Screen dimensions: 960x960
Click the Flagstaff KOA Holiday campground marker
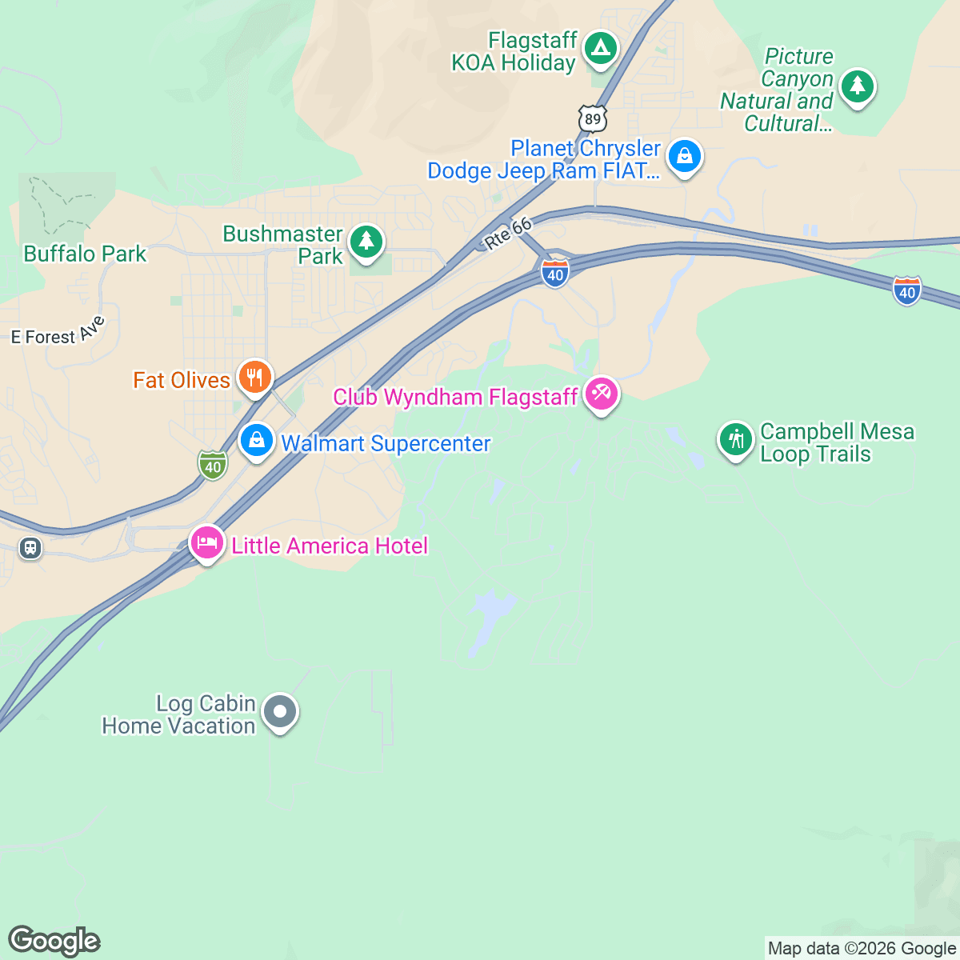598,49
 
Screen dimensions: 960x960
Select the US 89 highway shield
592,118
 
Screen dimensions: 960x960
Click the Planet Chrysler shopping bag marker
685,157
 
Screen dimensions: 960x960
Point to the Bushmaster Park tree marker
366,242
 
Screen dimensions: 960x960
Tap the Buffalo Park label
85,254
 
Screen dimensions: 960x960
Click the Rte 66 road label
508,233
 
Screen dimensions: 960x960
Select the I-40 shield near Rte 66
554,274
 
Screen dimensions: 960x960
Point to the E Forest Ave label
58,333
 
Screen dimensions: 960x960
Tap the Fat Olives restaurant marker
254,377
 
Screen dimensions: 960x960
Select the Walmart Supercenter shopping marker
257,441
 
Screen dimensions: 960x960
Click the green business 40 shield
212,465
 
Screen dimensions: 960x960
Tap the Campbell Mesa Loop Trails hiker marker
735,439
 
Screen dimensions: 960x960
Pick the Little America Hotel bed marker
206,544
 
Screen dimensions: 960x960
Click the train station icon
30,549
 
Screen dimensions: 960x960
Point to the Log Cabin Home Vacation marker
280,711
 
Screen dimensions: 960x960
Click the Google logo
54,941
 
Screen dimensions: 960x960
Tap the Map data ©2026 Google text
862,949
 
